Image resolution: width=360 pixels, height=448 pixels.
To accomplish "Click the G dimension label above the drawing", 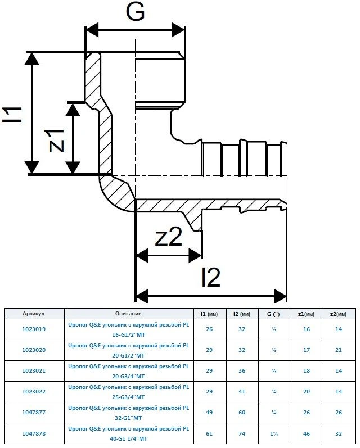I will pos(135,12).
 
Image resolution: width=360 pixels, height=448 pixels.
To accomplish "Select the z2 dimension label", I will pos(169,238).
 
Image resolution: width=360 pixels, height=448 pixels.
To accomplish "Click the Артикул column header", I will pos(34,313).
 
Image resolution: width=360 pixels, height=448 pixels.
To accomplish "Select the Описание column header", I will pos(128,313).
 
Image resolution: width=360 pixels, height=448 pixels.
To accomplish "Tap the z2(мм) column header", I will pos(339,313).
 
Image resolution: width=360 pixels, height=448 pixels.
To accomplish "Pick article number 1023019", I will pos(34,329).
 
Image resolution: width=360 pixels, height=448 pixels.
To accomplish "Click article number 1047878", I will pos(34,433).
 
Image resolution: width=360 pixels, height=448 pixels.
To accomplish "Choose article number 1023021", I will pos(34,371).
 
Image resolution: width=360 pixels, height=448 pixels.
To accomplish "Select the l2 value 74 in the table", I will pos(242,433).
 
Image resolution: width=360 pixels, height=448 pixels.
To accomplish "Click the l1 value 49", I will pos(209,413).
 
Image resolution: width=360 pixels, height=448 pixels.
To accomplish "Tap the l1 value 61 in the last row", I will pos(209,433).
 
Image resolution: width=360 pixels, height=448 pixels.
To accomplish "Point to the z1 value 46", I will pos(306,433).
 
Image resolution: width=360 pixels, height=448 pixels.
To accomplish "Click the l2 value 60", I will pos(242,413).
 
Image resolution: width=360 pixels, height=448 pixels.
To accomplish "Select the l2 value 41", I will pos(242,392).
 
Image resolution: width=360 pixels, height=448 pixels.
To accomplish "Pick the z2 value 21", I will pos(339,350).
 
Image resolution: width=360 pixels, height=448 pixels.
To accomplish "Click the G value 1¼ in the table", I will pos(274,433).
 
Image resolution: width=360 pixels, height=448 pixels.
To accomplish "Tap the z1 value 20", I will pos(306,392).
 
